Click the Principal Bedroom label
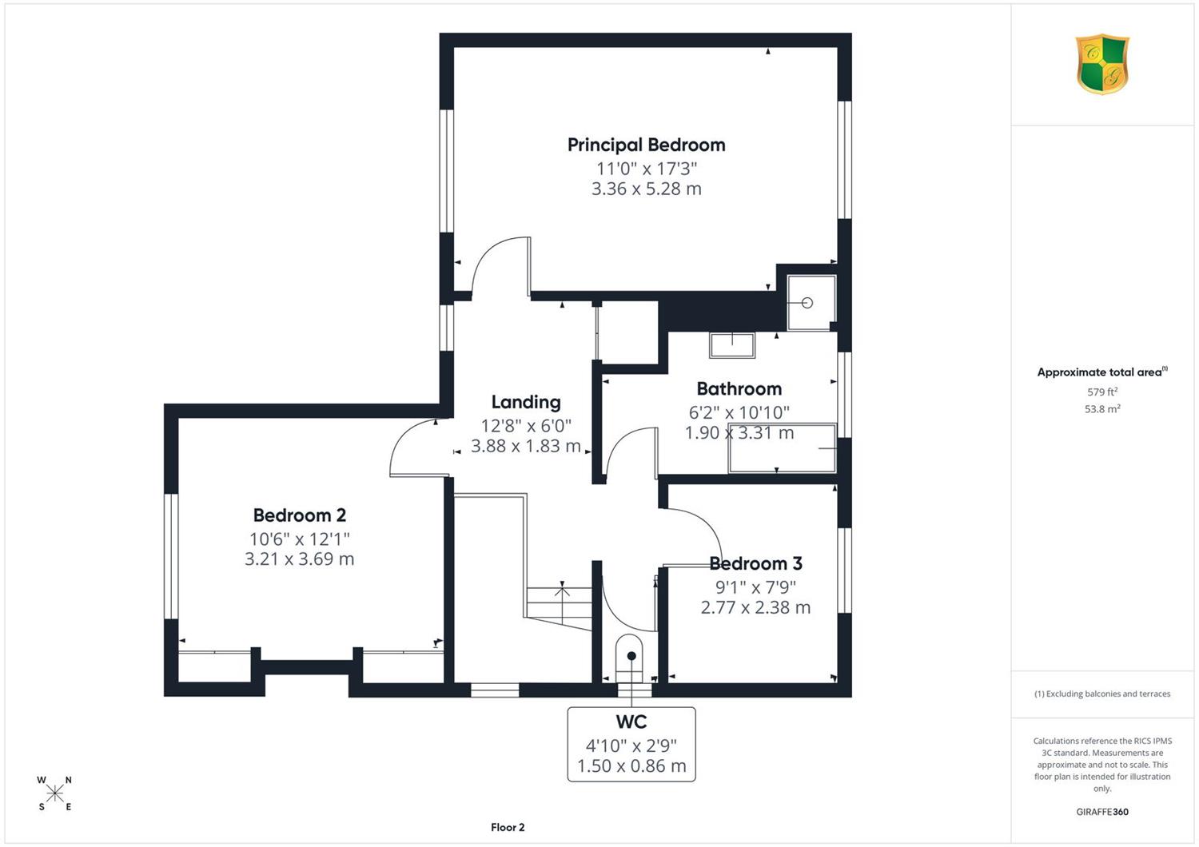[x=646, y=145]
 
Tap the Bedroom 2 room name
[x=299, y=515]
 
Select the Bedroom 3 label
[x=755, y=563]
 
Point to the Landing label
[x=526, y=403]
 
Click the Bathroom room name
[x=739, y=388]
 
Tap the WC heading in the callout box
[x=631, y=722]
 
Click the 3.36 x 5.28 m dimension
[x=646, y=189]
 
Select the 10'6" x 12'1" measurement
[x=299, y=539]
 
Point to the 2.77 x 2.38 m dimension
[x=755, y=607]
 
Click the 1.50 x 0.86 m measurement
[x=631, y=765]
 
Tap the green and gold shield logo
[x=1102, y=64]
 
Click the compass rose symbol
[x=54, y=793]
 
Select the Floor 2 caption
[x=508, y=827]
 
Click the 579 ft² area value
[x=1102, y=391]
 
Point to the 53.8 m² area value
[x=1102, y=409]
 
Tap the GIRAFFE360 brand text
[x=1102, y=812]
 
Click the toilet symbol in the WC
[x=631, y=658]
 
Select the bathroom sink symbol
[x=731, y=345]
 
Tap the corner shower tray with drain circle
[x=811, y=303]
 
